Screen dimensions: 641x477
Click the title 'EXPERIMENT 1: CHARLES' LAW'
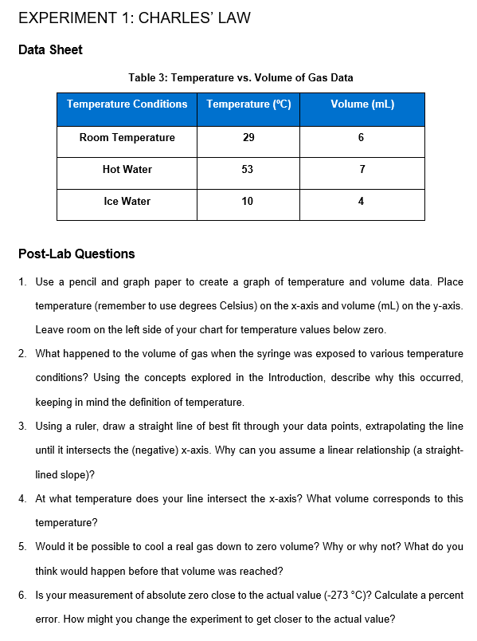[x=134, y=18]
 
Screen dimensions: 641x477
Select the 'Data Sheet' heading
[x=50, y=50]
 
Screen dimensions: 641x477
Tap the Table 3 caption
[x=240, y=77]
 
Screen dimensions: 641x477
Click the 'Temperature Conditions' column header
[x=127, y=104]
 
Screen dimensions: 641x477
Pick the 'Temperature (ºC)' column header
[x=248, y=104]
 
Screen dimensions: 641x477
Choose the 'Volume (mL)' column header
[x=362, y=104]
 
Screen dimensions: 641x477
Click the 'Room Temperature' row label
[x=127, y=138]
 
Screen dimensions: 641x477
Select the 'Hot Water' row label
[x=127, y=169]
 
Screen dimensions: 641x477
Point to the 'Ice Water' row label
[x=127, y=201]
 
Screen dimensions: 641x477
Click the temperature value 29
[x=248, y=138]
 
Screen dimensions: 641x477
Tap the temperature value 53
[x=248, y=169]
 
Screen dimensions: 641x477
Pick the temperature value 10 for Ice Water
[x=248, y=201]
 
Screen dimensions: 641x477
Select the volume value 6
[x=362, y=138]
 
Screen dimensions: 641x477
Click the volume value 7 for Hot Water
[x=362, y=169]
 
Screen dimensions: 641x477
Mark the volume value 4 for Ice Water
[x=362, y=201]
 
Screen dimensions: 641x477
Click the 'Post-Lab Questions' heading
[x=76, y=254]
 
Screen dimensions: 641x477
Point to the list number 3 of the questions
[x=22, y=427]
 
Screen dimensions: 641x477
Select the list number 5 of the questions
[x=22, y=547]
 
